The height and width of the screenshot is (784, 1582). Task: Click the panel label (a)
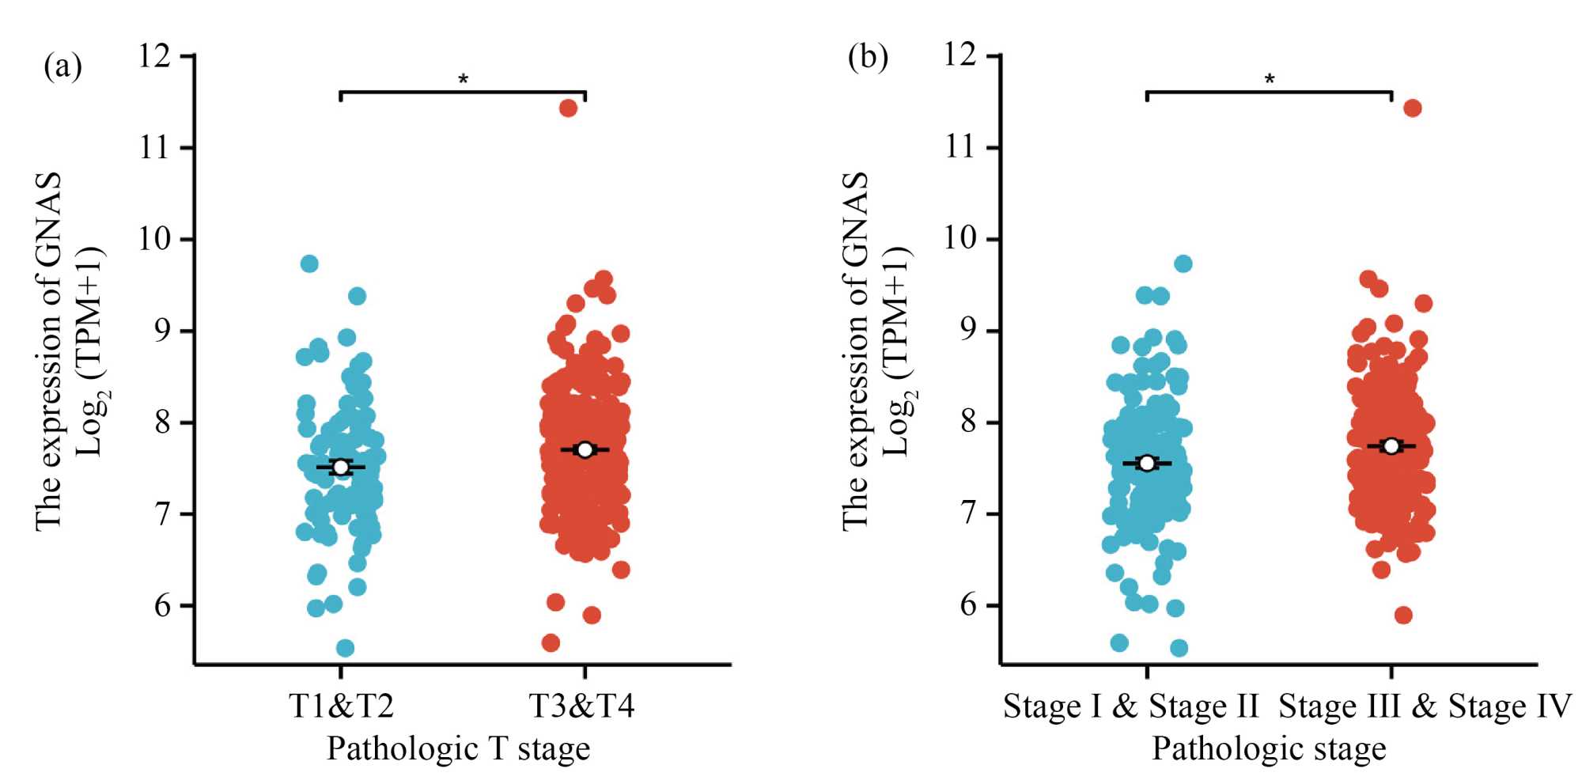click(x=63, y=66)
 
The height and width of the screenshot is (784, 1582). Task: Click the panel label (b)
click(x=868, y=58)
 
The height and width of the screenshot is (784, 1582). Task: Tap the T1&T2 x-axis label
click(x=341, y=706)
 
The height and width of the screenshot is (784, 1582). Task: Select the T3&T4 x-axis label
click(x=581, y=706)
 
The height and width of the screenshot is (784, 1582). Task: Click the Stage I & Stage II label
click(x=1130, y=706)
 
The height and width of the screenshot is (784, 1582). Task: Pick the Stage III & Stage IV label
click(x=1425, y=706)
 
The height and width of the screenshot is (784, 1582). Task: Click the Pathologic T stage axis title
click(x=458, y=748)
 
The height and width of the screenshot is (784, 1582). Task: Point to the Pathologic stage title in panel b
click(x=1269, y=748)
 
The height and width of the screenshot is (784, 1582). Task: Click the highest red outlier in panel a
click(x=568, y=108)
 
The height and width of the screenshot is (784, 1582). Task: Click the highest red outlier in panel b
click(x=1412, y=108)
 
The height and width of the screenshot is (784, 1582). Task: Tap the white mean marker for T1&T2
click(x=340, y=468)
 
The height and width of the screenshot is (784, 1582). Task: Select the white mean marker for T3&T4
click(x=585, y=449)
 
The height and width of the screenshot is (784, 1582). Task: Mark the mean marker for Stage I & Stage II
click(x=1147, y=463)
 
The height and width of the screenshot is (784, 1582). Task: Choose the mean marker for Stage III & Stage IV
click(x=1391, y=446)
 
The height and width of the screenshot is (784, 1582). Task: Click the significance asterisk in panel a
click(x=464, y=79)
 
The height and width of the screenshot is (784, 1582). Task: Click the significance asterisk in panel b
click(x=1270, y=79)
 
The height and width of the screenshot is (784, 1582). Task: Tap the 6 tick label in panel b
click(x=968, y=606)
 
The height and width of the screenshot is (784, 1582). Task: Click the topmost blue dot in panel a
click(x=309, y=263)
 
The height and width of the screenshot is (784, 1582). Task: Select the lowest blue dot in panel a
click(x=345, y=648)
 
